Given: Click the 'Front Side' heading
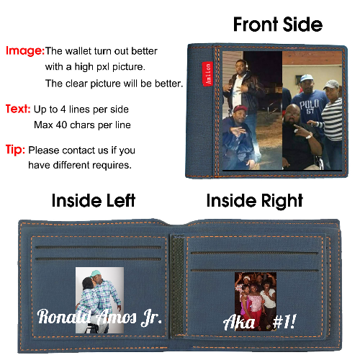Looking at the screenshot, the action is (278, 24).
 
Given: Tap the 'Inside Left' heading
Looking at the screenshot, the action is (94, 200).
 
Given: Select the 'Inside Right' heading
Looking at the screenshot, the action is (255, 201).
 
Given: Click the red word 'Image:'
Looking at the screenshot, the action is (25, 50).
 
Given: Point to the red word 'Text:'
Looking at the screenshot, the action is (18, 109).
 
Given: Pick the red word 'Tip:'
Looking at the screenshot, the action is (15, 150).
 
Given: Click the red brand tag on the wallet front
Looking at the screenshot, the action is (207, 73).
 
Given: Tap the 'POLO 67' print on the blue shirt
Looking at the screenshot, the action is (309, 106).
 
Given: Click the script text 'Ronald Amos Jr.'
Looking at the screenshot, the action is (99, 318).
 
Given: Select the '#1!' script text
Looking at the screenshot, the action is (284, 322).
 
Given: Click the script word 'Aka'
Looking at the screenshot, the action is (239, 322).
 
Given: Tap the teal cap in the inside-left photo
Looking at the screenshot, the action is (96, 274).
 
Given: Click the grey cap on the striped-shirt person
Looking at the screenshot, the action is (331, 84).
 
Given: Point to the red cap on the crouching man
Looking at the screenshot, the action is (240, 109).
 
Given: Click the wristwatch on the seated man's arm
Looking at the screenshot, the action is (309, 136).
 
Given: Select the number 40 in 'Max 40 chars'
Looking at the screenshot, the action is (62, 125).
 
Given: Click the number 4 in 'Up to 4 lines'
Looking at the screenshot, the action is (63, 109).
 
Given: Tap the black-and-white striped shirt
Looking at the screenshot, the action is (333, 120).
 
